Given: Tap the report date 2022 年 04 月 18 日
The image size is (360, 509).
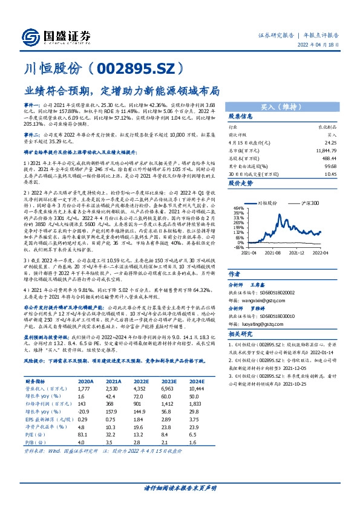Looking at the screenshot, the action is (322, 45).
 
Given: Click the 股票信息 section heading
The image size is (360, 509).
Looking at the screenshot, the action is (240, 116).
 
